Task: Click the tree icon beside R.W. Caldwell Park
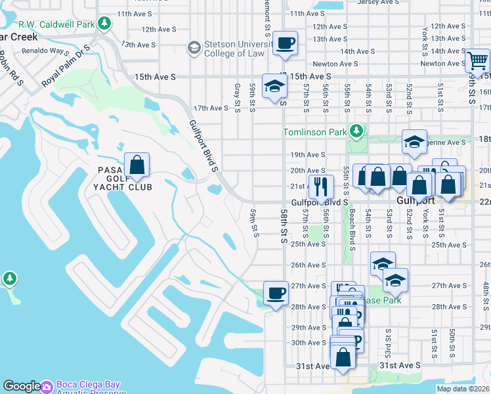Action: pyautogui.click(x=104, y=24)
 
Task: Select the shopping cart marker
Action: pyautogui.click(x=477, y=62)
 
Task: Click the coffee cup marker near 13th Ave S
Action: pyautogui.click(x=285, y=44)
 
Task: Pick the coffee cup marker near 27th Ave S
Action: pyautogui.click(x=276, y=293)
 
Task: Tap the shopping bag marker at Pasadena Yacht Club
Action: pyautogui.click(x=137, y=165)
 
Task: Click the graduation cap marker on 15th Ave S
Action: pyautogui.click(x=274, y=86)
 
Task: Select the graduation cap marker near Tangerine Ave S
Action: pyautogui.click(x=414, y=142)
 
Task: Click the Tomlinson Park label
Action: pyautogui.click(x=314, y=132)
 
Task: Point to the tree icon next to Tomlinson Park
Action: pyautogui.click(x=356, y=131)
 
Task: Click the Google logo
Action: pyautogui.click(x=22, y=386)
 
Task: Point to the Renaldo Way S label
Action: pyautogui.click(x=45, y=50)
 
